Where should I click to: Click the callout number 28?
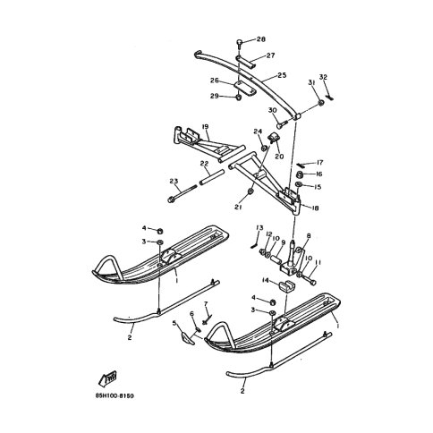[261, 40]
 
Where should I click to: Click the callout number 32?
[324, 78]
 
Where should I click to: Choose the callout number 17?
[319, 162]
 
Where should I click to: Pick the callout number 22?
[203, 164]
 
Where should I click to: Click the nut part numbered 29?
[239, 96]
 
